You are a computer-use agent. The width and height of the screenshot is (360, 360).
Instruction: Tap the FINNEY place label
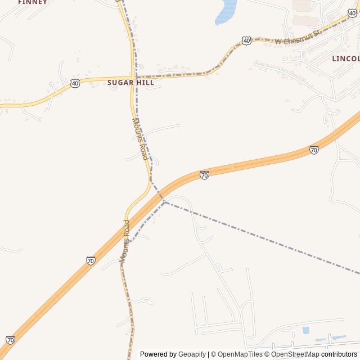tap(32, 2)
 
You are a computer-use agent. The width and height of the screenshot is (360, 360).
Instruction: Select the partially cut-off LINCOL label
tap(345, 58)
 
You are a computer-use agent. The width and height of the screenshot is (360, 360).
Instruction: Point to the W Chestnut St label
tap(298, 38)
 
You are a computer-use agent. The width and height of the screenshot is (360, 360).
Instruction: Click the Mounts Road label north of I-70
tap(140, 138)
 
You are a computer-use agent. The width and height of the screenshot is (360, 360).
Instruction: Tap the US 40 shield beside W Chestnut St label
tap(246, 40)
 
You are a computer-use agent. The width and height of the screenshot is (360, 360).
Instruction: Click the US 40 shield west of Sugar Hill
tap(75, 83)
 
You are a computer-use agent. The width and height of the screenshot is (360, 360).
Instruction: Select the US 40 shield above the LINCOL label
tap(352, 12)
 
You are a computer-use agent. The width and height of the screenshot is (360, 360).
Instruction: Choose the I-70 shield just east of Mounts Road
tap(204, 175)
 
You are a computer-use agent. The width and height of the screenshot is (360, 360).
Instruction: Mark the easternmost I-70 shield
tap(314, 150)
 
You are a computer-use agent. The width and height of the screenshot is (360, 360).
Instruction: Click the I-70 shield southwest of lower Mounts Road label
tap(91, 260)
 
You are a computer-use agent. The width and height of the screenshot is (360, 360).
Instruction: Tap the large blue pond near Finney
tap(226, 12)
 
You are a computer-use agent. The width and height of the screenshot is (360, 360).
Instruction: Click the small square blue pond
tap(305, 330)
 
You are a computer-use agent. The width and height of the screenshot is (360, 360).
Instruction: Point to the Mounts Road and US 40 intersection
tap(134, 77)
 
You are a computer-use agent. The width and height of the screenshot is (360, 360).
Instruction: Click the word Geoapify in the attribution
tap(192, 354)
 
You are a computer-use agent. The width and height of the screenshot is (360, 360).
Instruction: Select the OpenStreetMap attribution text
tap(295, 354)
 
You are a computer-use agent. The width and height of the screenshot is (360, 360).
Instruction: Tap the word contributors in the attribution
tap(339, 354)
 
